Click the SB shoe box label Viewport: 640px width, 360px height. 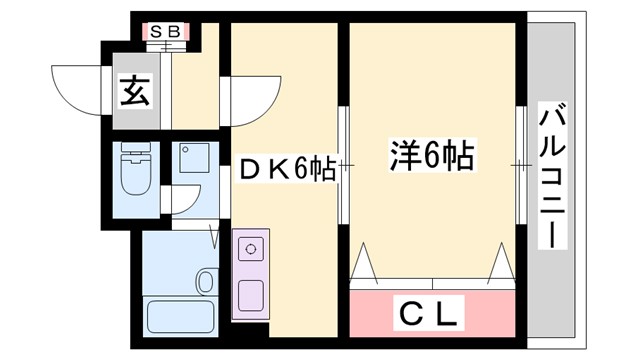(x=165, y=31)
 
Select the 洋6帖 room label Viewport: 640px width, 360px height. (x=430, y=156)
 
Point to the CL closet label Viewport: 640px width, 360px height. (x=433, y=315)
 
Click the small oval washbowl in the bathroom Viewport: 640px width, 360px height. (x=207, y=281)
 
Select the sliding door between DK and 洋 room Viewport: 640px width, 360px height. (x=343, y=165)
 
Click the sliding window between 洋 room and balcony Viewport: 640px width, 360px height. (x=522, y=165)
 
